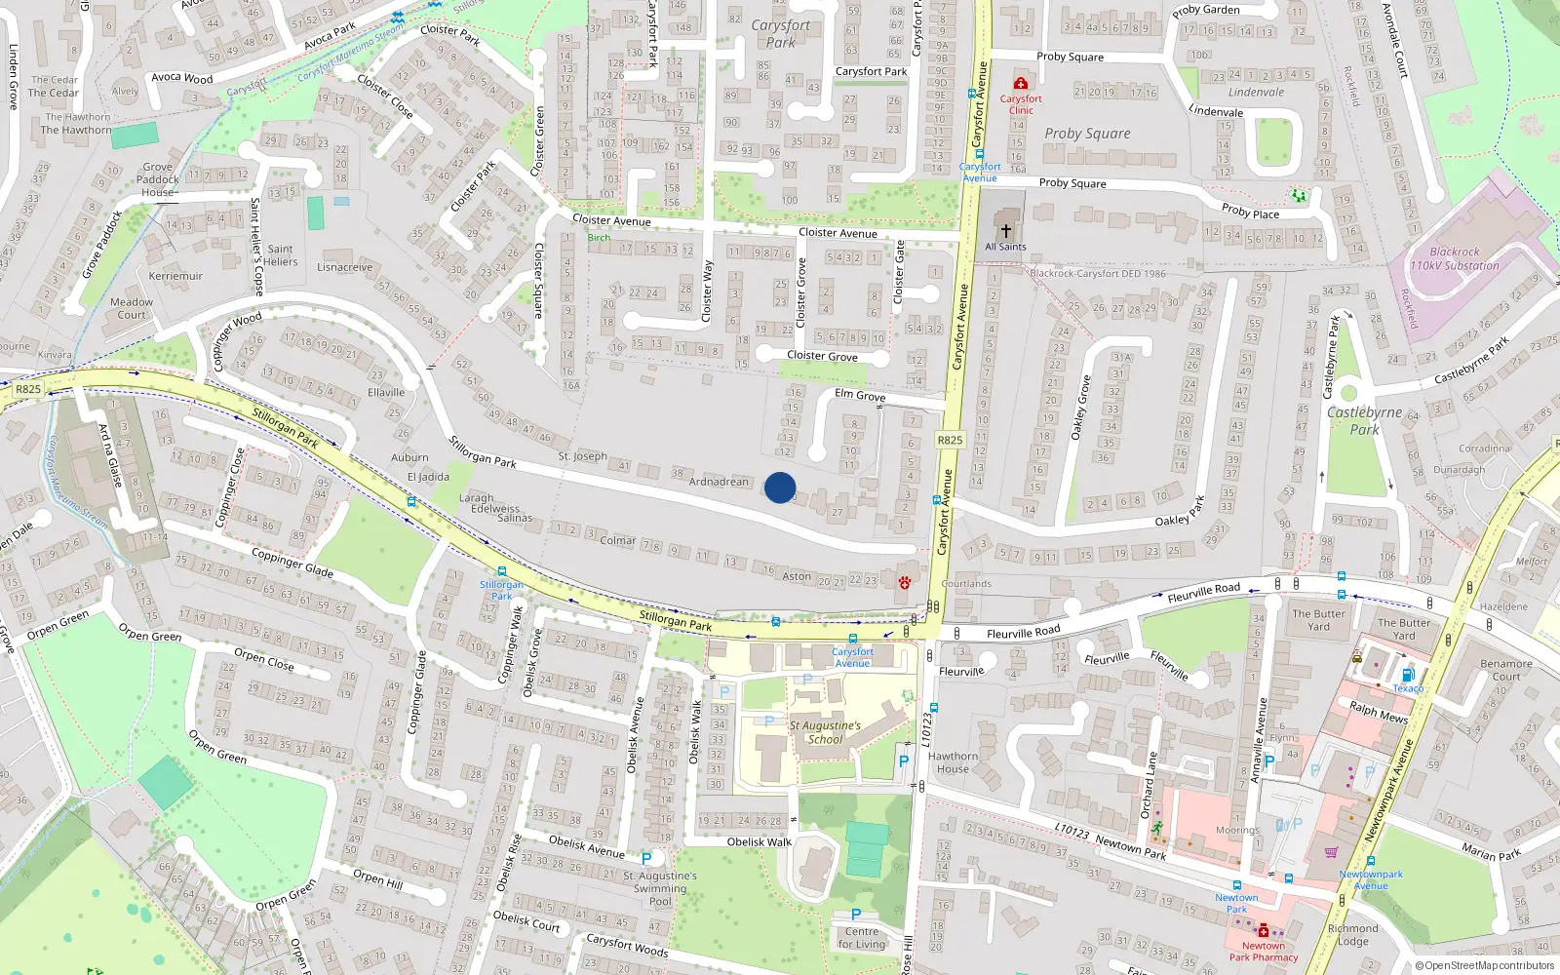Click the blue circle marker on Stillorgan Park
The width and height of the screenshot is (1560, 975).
[780, 487]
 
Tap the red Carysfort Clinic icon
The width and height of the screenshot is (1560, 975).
[1021, 84]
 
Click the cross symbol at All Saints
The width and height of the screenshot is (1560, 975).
[1006, 231]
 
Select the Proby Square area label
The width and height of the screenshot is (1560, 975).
[1087, 134]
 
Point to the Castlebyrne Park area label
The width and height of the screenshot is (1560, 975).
[1365, 420]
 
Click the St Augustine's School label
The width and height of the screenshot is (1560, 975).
[825, 732]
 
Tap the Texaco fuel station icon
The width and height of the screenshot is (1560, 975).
[1407, 675]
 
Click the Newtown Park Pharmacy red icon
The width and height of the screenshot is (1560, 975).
[1264, 930]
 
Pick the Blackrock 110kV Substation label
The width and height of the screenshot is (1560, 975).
[1455, 258]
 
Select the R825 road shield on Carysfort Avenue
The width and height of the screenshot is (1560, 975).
[950, 440]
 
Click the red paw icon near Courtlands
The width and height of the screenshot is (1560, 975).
[905, 583]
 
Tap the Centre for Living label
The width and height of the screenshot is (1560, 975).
[862, 937]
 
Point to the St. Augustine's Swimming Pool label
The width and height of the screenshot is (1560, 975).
[660, 888]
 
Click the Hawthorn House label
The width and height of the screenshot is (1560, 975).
[953, 762]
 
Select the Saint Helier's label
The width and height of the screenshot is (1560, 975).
[280, 255]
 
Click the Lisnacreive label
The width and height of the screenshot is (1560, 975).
[345, 267]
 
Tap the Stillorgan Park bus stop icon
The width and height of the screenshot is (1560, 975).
[502, 571]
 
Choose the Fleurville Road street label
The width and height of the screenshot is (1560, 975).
[1023, 633]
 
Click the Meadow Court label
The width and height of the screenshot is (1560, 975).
[132, 308]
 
